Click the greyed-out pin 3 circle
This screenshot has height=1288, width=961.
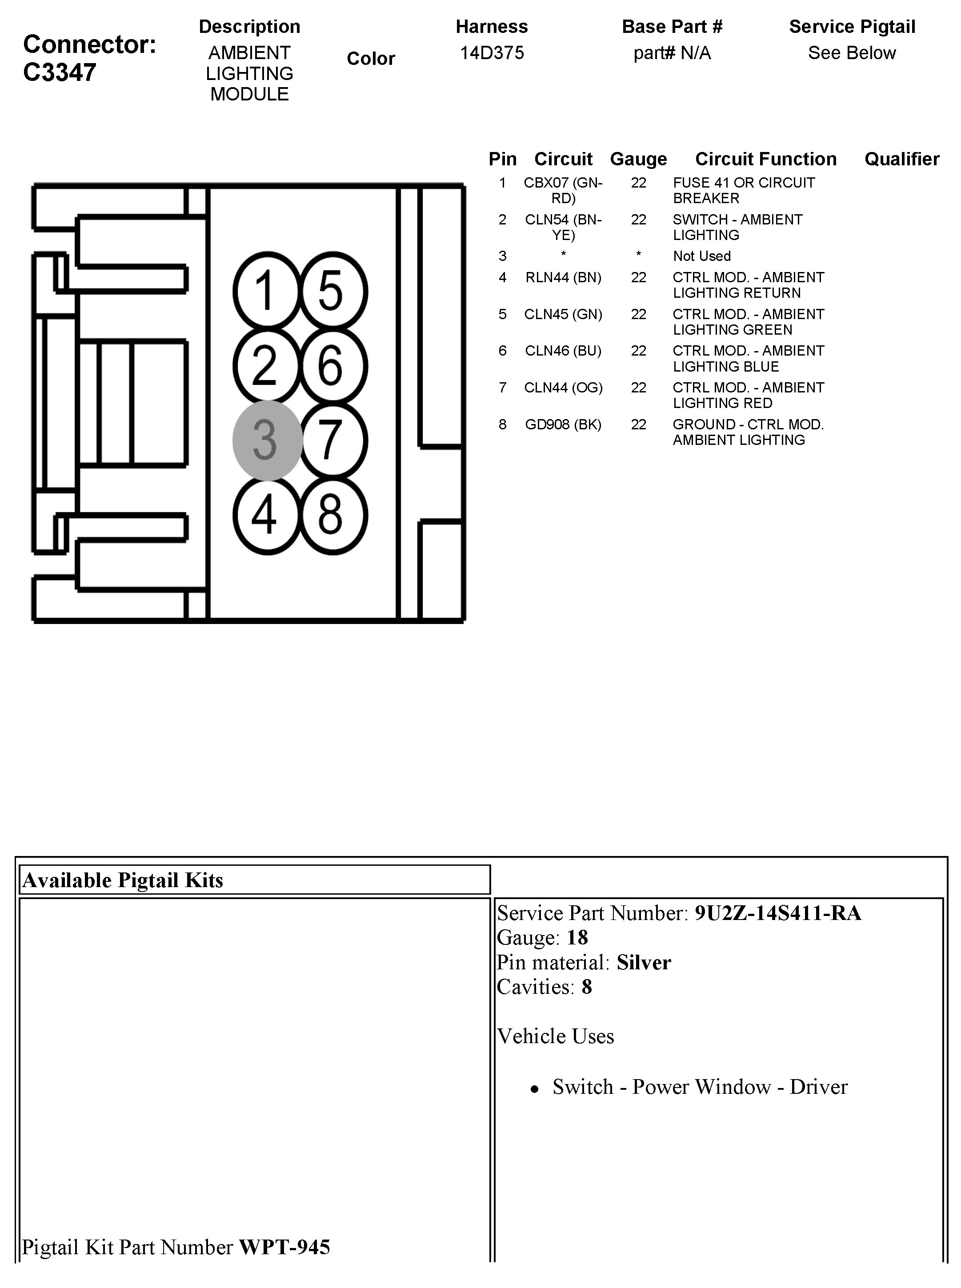coord(267,440)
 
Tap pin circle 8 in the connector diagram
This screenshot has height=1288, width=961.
coord(332,515)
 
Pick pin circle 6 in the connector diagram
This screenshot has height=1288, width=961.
coord(332,366)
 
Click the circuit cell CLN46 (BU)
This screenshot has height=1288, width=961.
coord(563,351)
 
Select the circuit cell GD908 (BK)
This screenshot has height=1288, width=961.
coord(563,424)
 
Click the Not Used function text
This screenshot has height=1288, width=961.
coord(701,256)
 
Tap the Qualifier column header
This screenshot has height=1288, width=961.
coord(901,159)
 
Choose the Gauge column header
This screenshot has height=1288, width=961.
coord(638,159)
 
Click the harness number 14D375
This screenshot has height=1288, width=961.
coord(492,53)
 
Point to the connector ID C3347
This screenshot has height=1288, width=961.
coord(59,73)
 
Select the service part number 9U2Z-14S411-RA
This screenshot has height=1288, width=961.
coord(778,913)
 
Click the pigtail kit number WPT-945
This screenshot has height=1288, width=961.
coord(284,1247)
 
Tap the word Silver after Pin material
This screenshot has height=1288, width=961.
coord(643,962)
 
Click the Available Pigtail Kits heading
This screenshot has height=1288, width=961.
coord(123,880)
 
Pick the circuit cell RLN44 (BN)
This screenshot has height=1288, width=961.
coord(563,277)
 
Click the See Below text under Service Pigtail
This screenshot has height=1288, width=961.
coord(852,53)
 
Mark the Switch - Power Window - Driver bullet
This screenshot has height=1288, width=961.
coord(699,1087)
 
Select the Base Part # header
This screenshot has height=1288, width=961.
coord(672,27)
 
